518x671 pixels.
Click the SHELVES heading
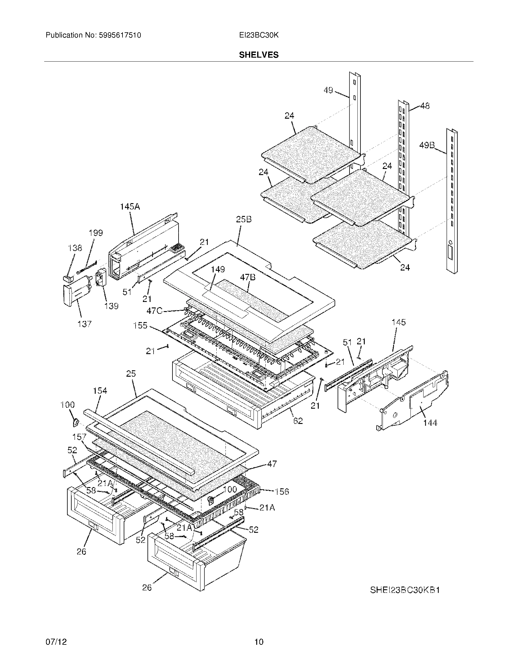(x=259, y=55)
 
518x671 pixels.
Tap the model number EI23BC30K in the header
(x=259, y=35)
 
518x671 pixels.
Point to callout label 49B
(x=427, y=145)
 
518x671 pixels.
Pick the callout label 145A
(x=130, y=207)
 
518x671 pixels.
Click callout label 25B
(x=244, y=219)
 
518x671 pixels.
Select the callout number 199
(x=96, y=233)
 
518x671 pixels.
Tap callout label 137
(x=84, y=324)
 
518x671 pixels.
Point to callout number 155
(x=140, y=325)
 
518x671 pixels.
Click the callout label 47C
(x=154, y=311)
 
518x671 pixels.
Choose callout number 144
(x=430, y=423)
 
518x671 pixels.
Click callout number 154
(x=100, y=391)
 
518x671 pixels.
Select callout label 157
(x=79, y=437)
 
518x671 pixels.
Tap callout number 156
(x=282, y=492)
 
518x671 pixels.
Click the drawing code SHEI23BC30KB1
(x=405, y=590)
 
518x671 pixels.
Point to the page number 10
(x=259, y=642)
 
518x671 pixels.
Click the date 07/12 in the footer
(x=56, y=642)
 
